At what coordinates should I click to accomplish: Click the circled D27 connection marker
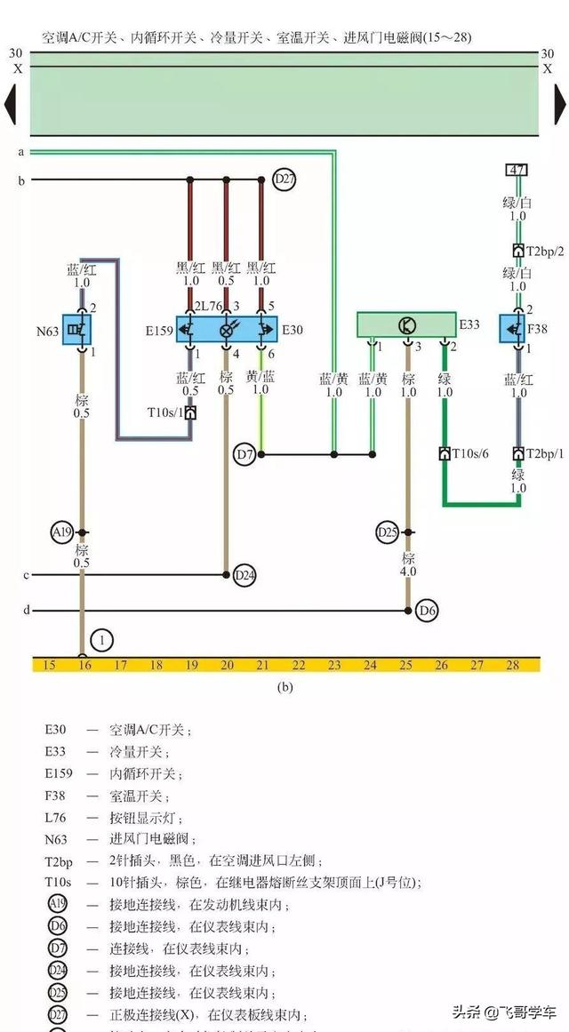click(284, 180)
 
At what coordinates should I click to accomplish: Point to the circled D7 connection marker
click(245, 455)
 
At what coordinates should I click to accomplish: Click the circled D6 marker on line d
click(428, 611)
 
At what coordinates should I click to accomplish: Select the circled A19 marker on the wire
click(61, 533)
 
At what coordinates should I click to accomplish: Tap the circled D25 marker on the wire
click(387, 533)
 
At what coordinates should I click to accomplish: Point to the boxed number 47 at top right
click(517, 169)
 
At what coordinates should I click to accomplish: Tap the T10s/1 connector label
click(164, 412)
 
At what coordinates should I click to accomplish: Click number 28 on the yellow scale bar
click(512, 665)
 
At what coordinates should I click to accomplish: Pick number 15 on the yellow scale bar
click(49, 665)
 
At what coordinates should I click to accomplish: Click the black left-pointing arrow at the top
click(10, 103)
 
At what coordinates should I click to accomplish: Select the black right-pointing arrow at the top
click(560, 103)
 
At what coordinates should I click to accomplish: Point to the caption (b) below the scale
click(285, 686)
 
